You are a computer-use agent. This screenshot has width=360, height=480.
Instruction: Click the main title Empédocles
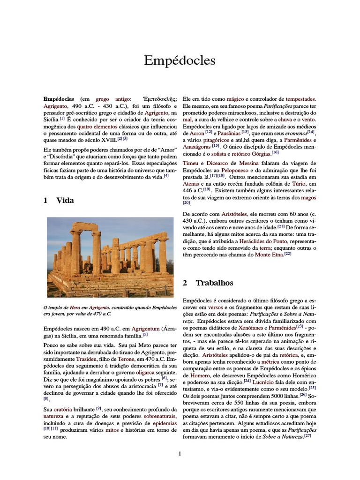[x=180, y=60]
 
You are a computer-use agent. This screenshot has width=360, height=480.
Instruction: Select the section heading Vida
[x=65, y=200]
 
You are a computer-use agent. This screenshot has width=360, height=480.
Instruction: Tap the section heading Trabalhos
[x=214, y=283]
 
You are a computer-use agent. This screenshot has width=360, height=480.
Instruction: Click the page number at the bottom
[x=180, y=453]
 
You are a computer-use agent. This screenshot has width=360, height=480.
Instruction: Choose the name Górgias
[x=259, y=153]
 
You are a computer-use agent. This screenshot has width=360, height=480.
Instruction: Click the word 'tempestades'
[x=300, y=99]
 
